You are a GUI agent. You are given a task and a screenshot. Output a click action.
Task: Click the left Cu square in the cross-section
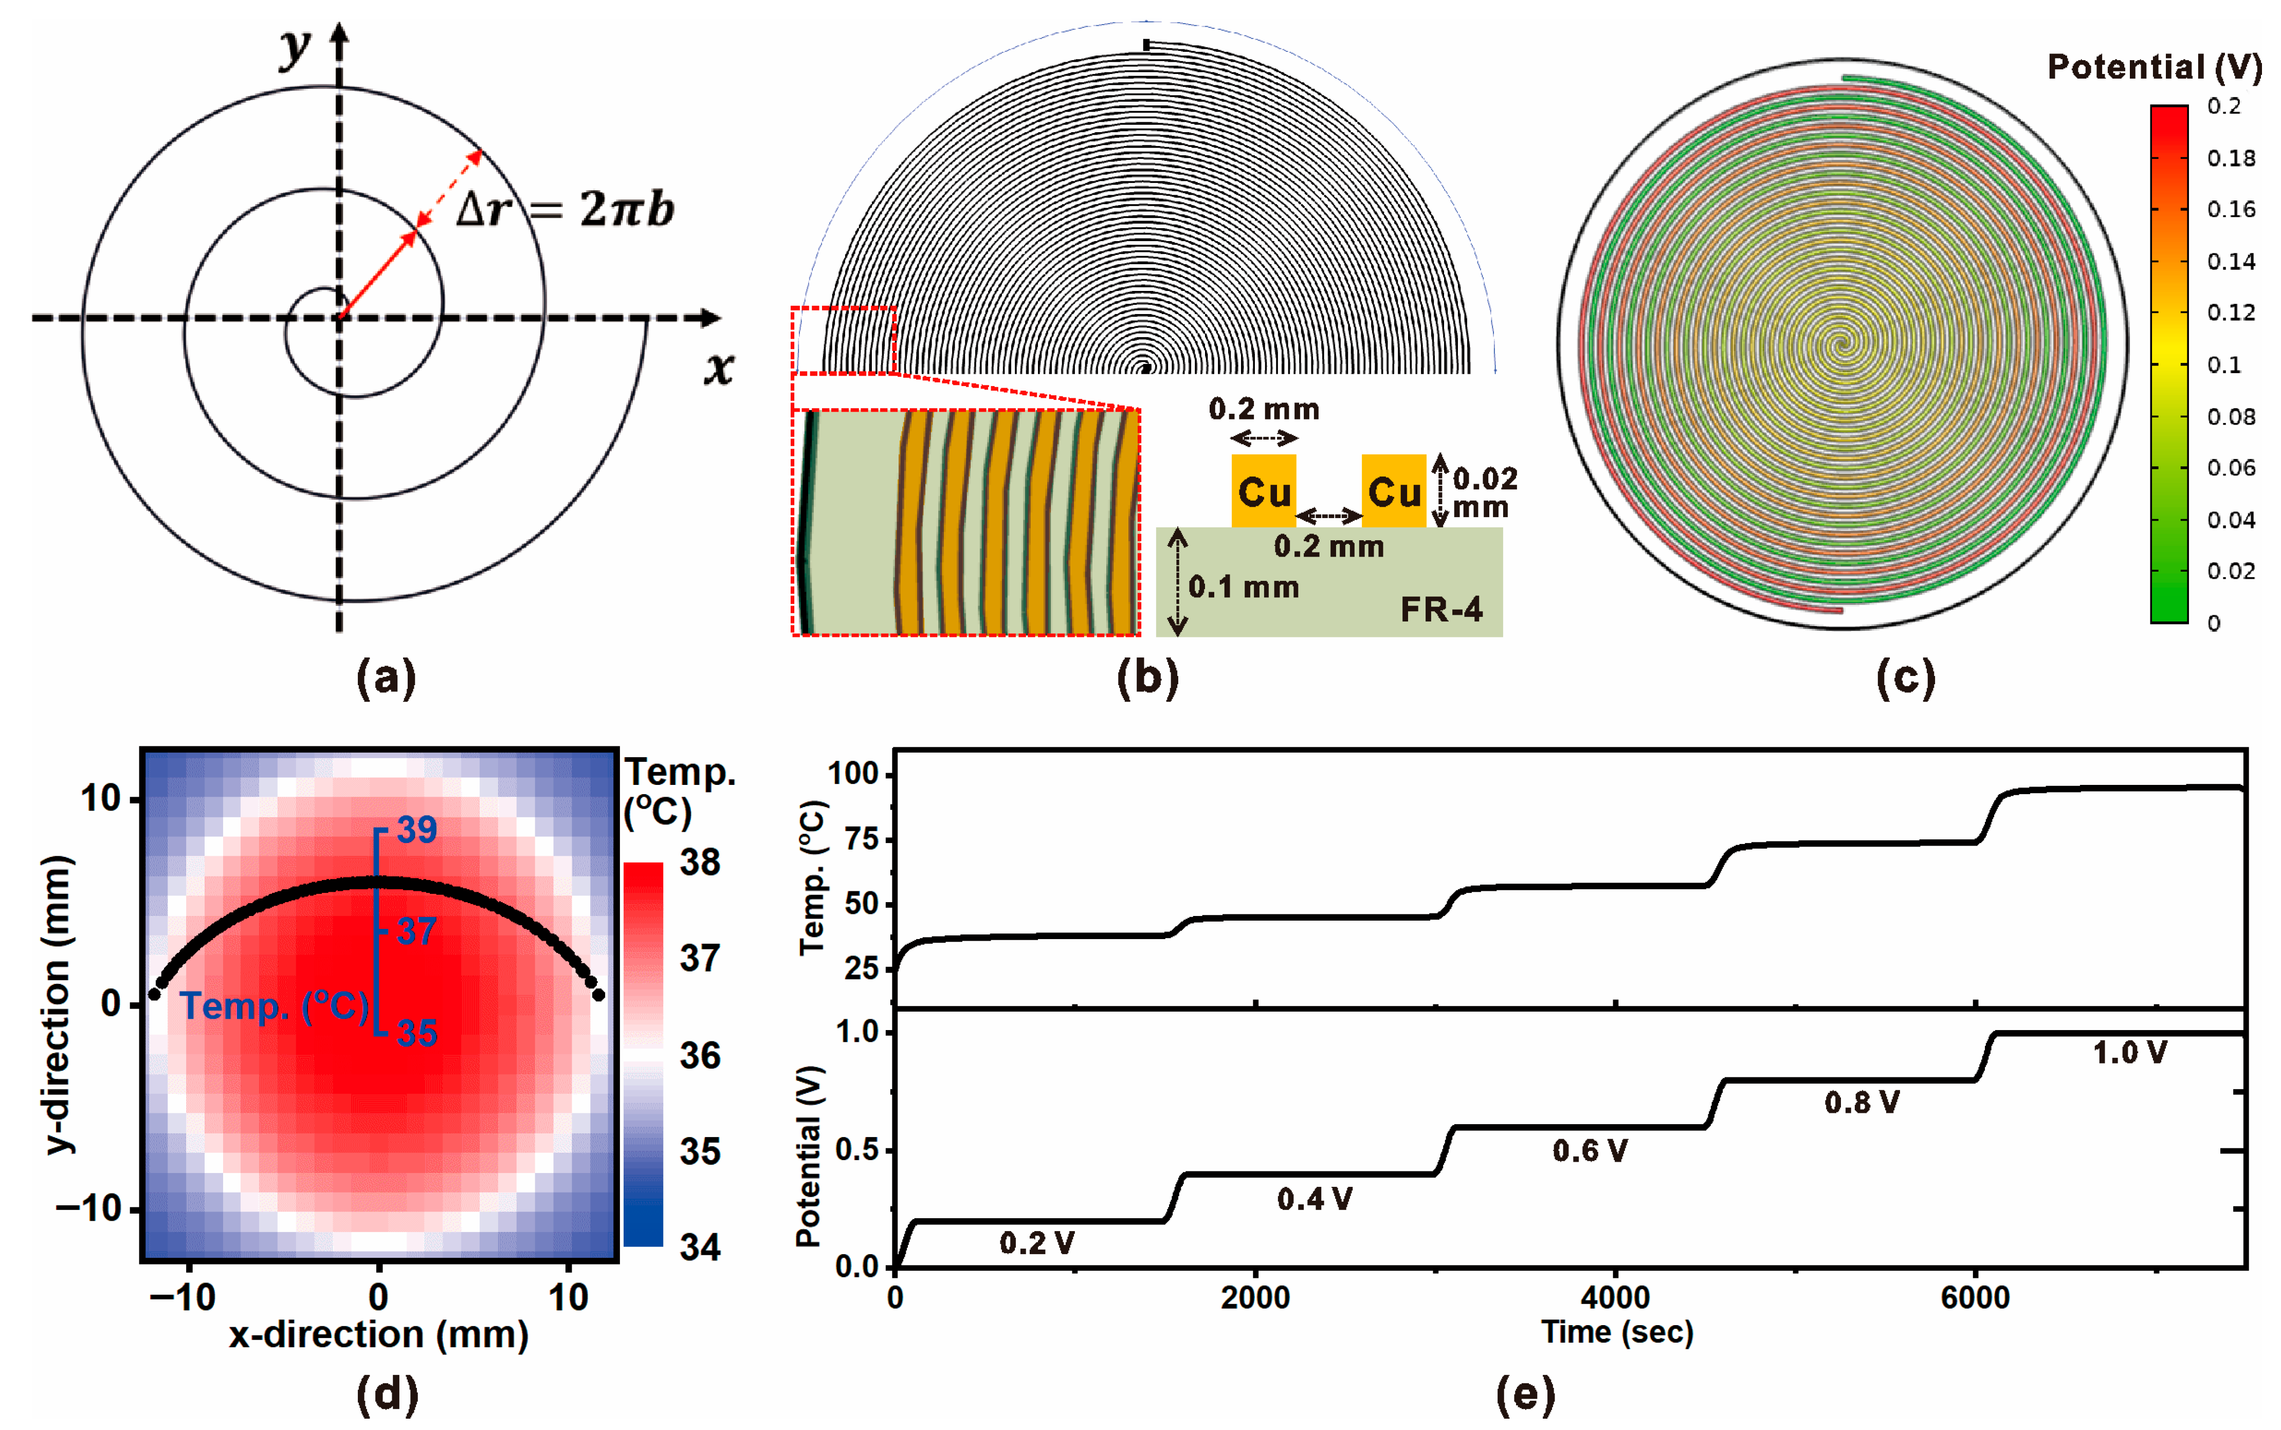point(1264,491)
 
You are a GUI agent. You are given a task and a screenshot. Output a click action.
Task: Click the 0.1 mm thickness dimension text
point(1244,588)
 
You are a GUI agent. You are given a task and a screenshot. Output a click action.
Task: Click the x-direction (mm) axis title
point(378,1334)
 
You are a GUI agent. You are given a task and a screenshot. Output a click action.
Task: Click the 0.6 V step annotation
point(1590,1151)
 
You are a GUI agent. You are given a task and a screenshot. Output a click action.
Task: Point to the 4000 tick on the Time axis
point(1615,1297)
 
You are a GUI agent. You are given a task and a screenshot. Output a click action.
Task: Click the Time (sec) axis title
point(1617,1332)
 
